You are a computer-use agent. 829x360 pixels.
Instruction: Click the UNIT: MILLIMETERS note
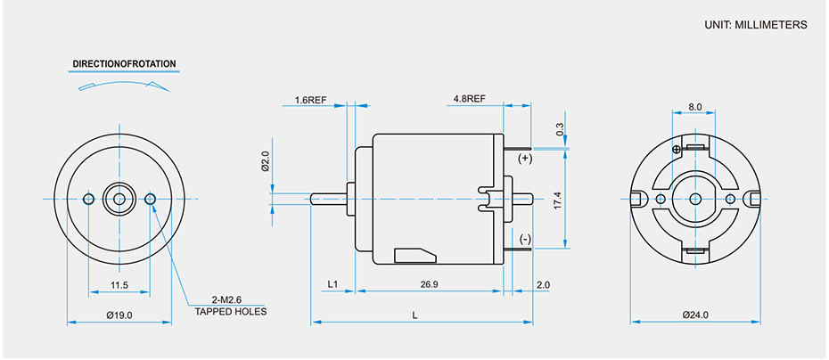756,25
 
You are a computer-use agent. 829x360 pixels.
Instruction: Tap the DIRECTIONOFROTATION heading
124,64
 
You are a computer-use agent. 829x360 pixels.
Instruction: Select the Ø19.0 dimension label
119,315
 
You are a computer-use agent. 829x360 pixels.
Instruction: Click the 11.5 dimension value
119,285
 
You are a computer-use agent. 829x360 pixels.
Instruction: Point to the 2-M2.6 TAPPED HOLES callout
231,305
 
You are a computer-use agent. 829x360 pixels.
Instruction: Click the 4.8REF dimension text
469,98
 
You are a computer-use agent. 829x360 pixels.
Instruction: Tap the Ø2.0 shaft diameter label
265,161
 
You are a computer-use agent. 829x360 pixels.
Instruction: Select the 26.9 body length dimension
429,284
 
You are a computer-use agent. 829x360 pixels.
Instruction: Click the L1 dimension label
332,284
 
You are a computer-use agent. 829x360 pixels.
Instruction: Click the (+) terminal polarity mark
524,158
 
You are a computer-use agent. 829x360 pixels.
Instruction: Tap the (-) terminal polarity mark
524,240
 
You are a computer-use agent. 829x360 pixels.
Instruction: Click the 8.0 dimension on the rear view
695,107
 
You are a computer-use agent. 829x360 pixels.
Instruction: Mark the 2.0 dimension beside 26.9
543,284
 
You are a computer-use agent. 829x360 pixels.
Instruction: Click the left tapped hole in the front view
89,198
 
